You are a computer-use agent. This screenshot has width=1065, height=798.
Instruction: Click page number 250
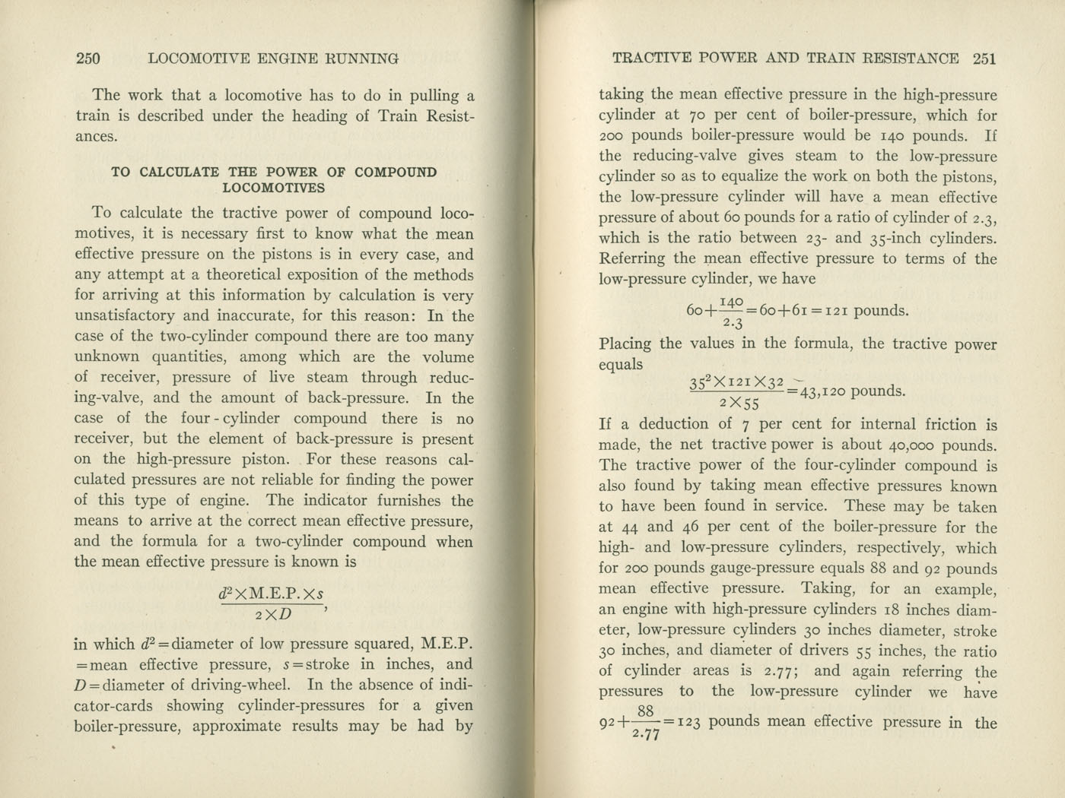click(88, 59)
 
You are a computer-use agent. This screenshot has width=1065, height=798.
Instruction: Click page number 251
click(984, 59)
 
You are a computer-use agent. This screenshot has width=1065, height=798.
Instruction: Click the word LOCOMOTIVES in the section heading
click(274, 188)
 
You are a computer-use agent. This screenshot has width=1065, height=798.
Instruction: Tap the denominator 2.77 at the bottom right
click(646, 734)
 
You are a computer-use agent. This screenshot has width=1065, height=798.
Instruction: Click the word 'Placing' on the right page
click(625, 344)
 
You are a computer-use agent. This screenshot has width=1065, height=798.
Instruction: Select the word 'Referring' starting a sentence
click(632, 258)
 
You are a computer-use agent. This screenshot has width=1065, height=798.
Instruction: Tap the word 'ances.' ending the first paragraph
click(96, 137)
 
